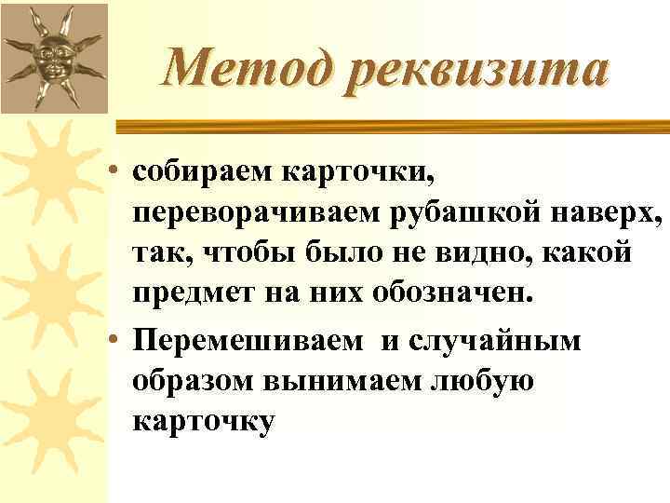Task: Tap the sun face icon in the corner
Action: click(52, 57)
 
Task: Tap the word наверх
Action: click(605, 213)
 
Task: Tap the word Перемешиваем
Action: click(248, 340)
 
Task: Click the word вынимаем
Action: click(353, 382)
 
